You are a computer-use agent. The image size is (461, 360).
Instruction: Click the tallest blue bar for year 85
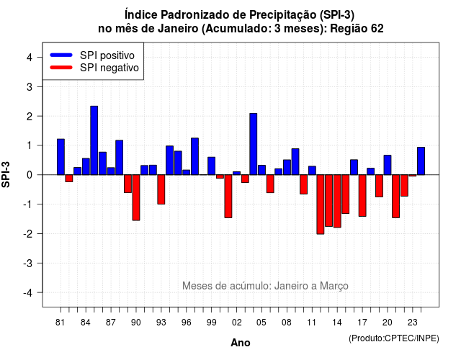pyautogui.click(x=94, y=140)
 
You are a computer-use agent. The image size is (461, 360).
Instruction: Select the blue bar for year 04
pyautogui.click(x=254, y=144)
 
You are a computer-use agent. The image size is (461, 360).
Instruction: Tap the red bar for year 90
pyautogui.click(x=136, y=197)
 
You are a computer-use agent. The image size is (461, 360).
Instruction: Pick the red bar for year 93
pyautogui.click(x=161, y=189)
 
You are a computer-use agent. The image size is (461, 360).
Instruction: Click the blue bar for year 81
pyautogui.click(x=61, y=157)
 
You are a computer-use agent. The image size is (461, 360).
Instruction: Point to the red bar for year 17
pyautogui.click(x=362, y=195)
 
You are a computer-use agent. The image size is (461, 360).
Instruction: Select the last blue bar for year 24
pyautogui.click(x=421, y=161)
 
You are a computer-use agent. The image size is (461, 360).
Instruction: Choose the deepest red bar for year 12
pyautogui.click(x=321, y=204)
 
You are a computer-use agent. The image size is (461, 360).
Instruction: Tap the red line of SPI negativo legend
pyautogui.click(x=61, y=68)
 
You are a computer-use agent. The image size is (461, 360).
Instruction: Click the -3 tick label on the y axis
pyautogui.click(x=28, y=264)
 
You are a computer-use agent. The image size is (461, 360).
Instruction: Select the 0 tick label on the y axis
pyautogui.click(x=30, y=175)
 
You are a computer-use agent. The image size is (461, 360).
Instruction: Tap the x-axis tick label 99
pyautogui.click(x=211, y=323)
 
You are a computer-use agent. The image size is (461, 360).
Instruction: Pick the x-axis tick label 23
pyautogui.click(x=413, y=323)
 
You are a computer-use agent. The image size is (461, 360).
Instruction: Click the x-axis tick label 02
pyautogui.click(x=237, y=323)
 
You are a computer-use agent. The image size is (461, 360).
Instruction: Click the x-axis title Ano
pyautogui.click(x=241, y=343)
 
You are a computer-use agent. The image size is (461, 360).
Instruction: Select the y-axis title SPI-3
pyautogui.click(x=6, y=174)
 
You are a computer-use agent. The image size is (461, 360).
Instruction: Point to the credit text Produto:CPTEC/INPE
pyautogui.click(x=394, y=338)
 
